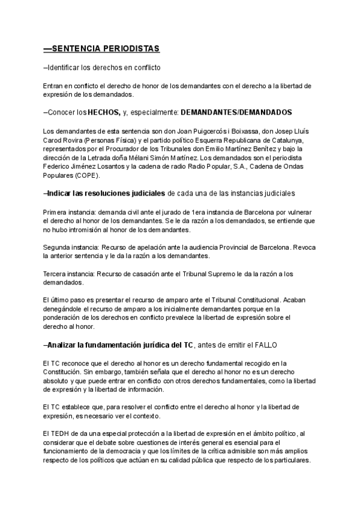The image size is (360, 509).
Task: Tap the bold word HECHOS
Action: click(x=103, y=112)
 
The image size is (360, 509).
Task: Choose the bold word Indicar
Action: click(x=62, y=193)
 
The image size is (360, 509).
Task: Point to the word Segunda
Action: click(x=57, y=247)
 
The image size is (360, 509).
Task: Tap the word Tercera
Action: click(x=56, y=274)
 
